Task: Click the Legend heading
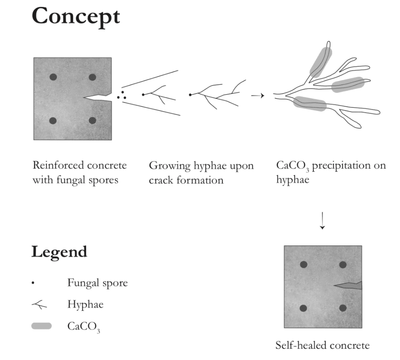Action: [59, 251]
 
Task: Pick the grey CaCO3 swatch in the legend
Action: [42, 326]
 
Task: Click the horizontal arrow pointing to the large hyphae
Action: [258, 96]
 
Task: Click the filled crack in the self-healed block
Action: [349, 286]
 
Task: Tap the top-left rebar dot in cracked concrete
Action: [53, 77]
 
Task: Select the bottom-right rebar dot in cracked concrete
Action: [92, 121]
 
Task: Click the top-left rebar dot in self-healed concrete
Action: [303, 265]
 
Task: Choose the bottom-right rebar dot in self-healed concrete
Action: [343, 308]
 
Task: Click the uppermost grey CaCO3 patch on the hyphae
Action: [321, 62]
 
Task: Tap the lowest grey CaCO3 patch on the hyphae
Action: [310, 104]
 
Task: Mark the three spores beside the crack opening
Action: [121, 95]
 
